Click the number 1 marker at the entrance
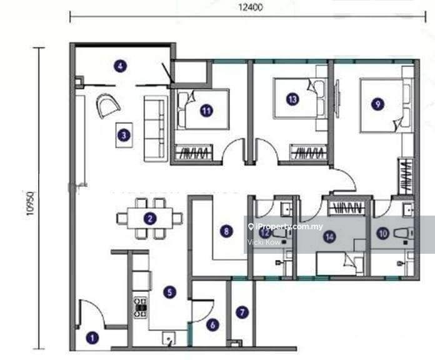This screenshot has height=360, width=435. pyautogui.click(x=94, y=339)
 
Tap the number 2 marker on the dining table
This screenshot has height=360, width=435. pyautogui.click(x=149, y=218)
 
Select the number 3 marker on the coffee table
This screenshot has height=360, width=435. pyautogui.click(x=125, y=134)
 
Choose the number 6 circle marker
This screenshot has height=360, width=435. pyautogui.click(x=212, y=324)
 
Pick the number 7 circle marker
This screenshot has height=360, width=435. pyautogui.click(x=242, y=311)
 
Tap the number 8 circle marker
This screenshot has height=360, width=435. pyautogui.click(x=226, y=231)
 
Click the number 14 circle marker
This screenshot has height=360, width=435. pyautogui.click(x=329, y=236)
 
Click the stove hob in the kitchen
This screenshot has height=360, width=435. pyautogui.click(x=141, y=306)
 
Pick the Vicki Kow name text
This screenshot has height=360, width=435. pyautogui.click(x=261, y=241)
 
